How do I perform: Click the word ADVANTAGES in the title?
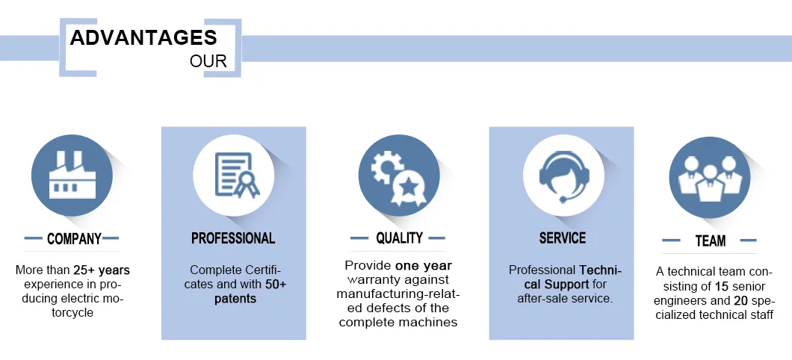coord(143,37)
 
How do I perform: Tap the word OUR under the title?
coord(208,61)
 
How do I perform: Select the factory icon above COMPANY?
coord(72,175)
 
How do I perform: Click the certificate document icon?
coord(237,175)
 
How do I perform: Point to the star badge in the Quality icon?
coord(407,188)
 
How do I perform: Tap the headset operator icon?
coord(563,175)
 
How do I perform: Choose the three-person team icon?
coord(710,177)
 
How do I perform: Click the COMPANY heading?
coord(74,239)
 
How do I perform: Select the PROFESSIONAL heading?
coord(233,238)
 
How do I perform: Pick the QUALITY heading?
coord(399,238)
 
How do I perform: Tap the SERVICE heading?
coord(563,238)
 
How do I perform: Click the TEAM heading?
coord(710,240)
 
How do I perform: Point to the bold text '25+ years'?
coord(102,270)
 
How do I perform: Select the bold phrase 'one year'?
coord(424,266)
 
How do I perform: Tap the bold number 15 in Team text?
coord(721,286)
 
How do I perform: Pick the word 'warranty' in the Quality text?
coord(374,280)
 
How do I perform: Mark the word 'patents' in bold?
coord(235,299)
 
